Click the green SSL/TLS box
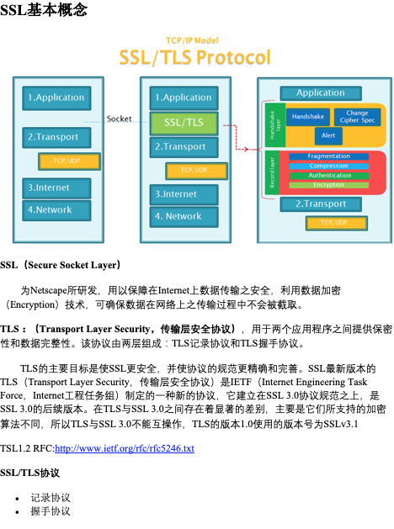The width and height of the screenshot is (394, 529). pos(184,124)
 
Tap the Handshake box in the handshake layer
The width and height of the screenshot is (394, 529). pos(308,117)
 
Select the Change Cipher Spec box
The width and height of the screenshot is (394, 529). pos(357,117)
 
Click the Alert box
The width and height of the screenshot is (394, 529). pos(328,136)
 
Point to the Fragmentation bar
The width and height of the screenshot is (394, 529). pos(328,156)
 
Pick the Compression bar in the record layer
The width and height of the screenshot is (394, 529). pos(328,166)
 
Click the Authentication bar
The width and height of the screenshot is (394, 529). pos(329,176)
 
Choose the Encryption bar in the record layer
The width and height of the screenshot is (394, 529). pos(328,185)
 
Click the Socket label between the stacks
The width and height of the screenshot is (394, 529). pos(120,119)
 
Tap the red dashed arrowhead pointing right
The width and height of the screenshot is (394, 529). pos(246,149)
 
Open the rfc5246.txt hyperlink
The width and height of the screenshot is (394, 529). pos(125,448)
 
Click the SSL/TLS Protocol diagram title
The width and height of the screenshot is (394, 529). pos(194,57)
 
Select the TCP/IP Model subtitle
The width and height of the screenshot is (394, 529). pos(192,40)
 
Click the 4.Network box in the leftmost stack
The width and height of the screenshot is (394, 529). pos(56,210)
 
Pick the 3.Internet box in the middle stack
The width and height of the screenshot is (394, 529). pos(184,194)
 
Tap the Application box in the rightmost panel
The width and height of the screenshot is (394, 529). pos(321,93)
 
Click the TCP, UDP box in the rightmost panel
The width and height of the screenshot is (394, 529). pos(337,223)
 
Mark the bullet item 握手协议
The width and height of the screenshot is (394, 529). pos(51,511)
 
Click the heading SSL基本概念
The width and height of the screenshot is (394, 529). pos(44,10)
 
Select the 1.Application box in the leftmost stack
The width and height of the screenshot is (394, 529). pos(56,98)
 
